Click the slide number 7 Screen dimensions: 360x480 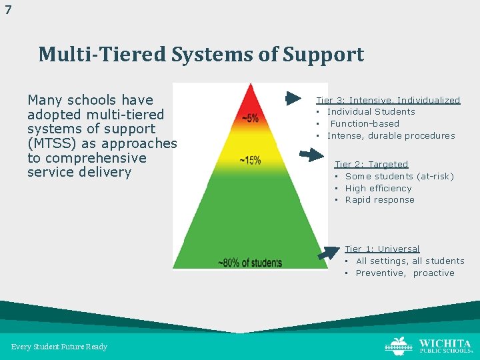8,10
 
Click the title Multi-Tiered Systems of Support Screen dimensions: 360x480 201,54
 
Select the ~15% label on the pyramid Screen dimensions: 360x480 250,160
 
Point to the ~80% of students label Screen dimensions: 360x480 250,263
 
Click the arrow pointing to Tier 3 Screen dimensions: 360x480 293,99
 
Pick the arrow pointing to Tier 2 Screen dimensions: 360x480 311,155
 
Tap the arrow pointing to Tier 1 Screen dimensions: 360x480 329,253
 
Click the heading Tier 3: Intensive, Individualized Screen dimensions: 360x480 388,100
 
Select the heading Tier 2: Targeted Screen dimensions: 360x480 371,164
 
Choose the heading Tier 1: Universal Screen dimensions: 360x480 382,249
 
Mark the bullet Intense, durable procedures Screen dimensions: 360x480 391,135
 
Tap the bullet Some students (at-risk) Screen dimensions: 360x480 399,176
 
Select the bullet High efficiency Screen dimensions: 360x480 378,188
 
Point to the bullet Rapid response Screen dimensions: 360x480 379,199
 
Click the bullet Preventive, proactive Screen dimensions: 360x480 405,273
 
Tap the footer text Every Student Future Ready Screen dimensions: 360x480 59,347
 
